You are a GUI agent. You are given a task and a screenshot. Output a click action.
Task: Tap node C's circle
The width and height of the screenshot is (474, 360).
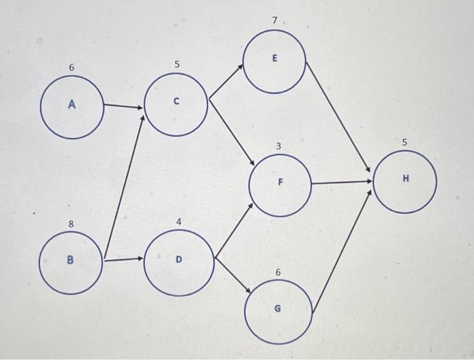pos(176,103)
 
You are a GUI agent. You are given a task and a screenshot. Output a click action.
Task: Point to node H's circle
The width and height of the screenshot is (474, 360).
pos(405,179)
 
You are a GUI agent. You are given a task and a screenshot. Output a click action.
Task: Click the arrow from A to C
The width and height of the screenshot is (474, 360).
pos(123,106)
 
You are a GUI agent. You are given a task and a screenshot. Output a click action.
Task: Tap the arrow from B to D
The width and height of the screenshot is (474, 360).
pos(124,258)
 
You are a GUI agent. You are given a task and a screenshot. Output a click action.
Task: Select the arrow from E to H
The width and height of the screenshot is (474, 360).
pos(339,115)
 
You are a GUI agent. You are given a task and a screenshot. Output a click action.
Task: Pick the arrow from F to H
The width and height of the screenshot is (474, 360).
pos(341,182)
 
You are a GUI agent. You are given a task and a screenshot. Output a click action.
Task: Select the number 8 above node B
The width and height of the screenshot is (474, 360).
pos(70,223)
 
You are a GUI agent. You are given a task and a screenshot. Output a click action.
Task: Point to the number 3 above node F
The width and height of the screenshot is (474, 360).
pos(278,146)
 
